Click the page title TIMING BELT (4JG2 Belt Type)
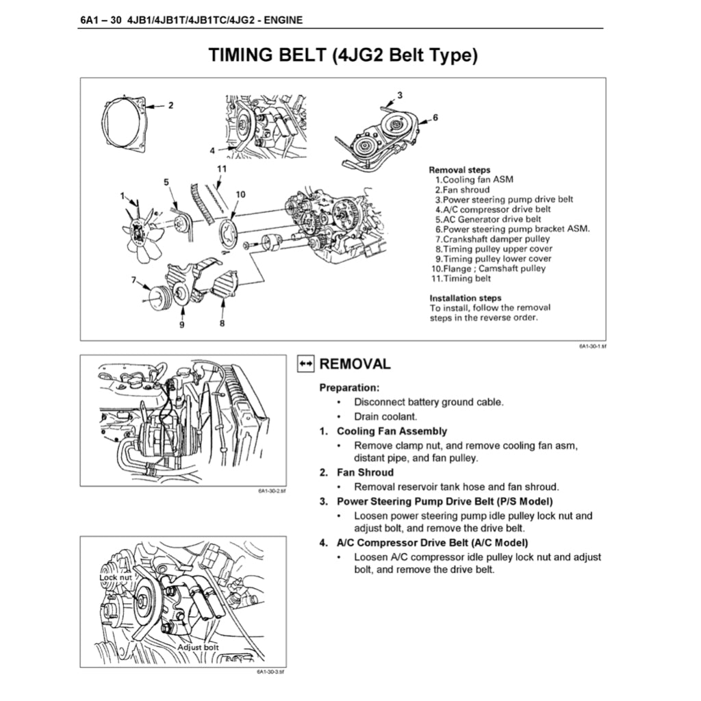[x=342, y=55]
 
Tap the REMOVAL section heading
[x=355, y=364]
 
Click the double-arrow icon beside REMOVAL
[x=305, y=364]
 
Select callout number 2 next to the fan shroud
[x=170, y=105]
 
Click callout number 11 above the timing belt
[x=222, y=168]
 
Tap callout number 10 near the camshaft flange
[x=240, y=194]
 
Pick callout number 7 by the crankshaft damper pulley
[x=134, y=279]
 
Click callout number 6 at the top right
[x=435, y=118]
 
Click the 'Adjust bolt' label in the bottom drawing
[x=198, y=646]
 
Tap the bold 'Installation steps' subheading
[x=465, y=298]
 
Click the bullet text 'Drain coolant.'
[x=385, y=416]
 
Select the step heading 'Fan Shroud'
[x=365, y=472]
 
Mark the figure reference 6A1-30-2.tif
[x=271, y=491]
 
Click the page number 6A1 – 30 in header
[x=101, y=20]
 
